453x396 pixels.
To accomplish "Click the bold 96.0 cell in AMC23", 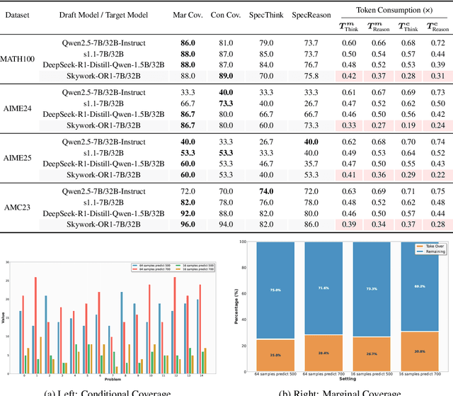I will coord(188,225).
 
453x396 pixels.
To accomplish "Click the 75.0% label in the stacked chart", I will coord(275,289).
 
